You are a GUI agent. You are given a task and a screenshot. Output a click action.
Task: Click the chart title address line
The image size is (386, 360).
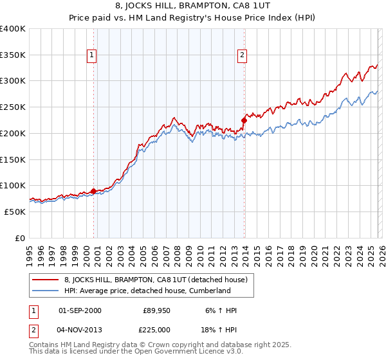(193, 6)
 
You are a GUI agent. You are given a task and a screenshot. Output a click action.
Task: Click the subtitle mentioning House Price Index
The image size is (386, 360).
(193, 17)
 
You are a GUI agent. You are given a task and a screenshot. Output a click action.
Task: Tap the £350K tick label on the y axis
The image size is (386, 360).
(13, 55)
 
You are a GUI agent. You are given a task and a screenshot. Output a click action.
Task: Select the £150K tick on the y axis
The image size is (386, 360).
(13, 159)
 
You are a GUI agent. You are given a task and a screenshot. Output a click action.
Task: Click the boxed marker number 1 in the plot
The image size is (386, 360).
(93, 56)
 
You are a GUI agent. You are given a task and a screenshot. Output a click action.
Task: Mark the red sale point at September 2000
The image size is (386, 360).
(93, 191)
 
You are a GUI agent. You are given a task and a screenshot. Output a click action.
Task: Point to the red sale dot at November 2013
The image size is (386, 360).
(244, 120)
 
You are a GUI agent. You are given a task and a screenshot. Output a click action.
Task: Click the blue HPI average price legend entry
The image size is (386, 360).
(147, 291)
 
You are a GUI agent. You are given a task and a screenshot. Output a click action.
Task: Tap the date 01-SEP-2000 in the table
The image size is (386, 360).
(80, 310)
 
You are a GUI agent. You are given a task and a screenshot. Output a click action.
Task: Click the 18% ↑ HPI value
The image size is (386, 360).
(221, 330)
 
